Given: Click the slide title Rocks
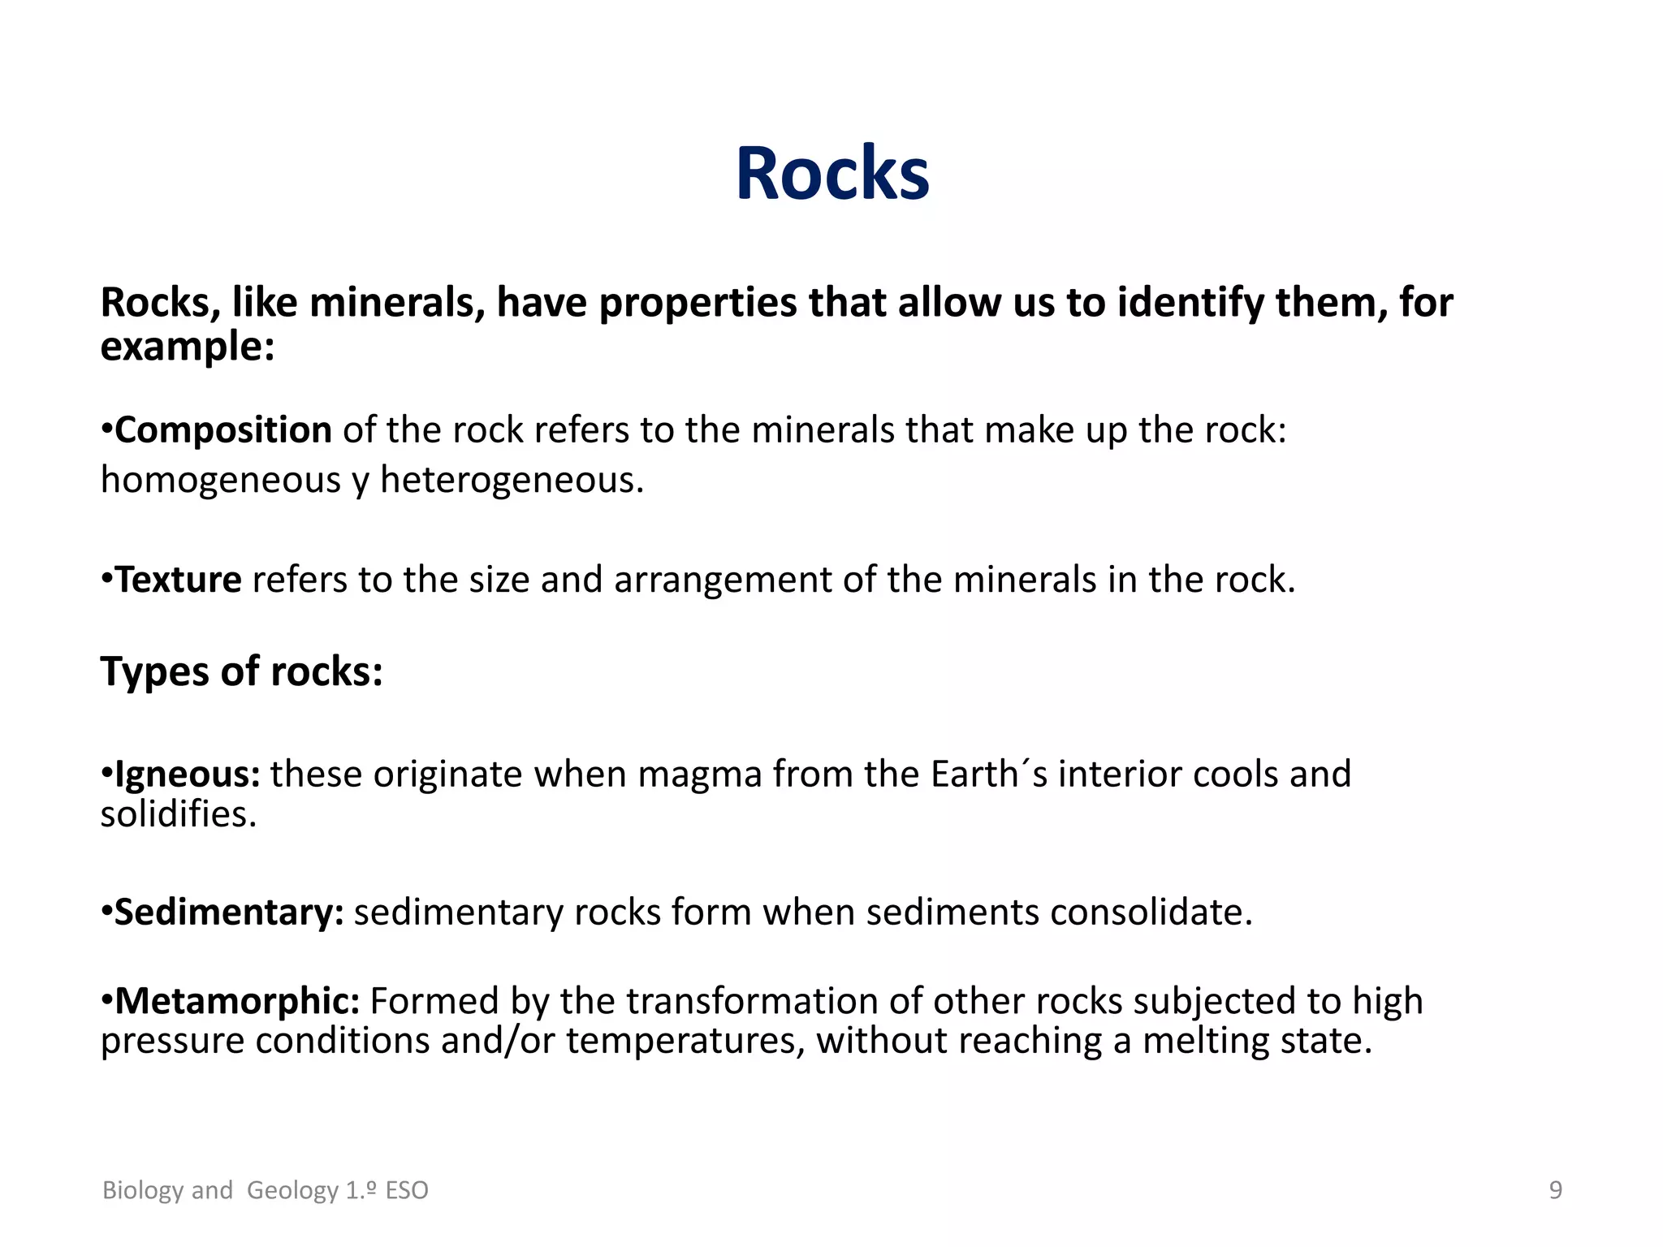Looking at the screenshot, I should pyautogui.click(x=831, y=174).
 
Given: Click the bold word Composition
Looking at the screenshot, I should pyautogui.click(x=222, y=430).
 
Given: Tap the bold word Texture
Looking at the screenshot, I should pyautogui.click(x=178, y=580).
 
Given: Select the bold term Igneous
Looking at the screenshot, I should pyautogui.click(x=186, y=775).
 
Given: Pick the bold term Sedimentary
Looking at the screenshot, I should pyautogui.click(x=228, y=913).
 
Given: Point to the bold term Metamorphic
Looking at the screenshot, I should pyautogui.click(x=236, y=1001).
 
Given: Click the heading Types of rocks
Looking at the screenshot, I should pyautogui.click(x=241, y=671).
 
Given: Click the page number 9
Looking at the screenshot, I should pyautogui.click(x=1555, y=1190).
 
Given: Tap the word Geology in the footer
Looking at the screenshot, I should pyautogui.click(x=292, y=1190).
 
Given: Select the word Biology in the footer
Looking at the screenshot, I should pyautogui.click(x=143, y=1190).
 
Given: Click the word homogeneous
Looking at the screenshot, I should pyautogui.click(x=220, y=481).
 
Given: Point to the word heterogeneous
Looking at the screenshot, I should pyautogui.click(x=512, y=481).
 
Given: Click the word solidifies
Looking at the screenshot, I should pyautogui.click(x=178, y=814).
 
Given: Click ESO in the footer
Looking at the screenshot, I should pyautogui.click(x=406, y=1190).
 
